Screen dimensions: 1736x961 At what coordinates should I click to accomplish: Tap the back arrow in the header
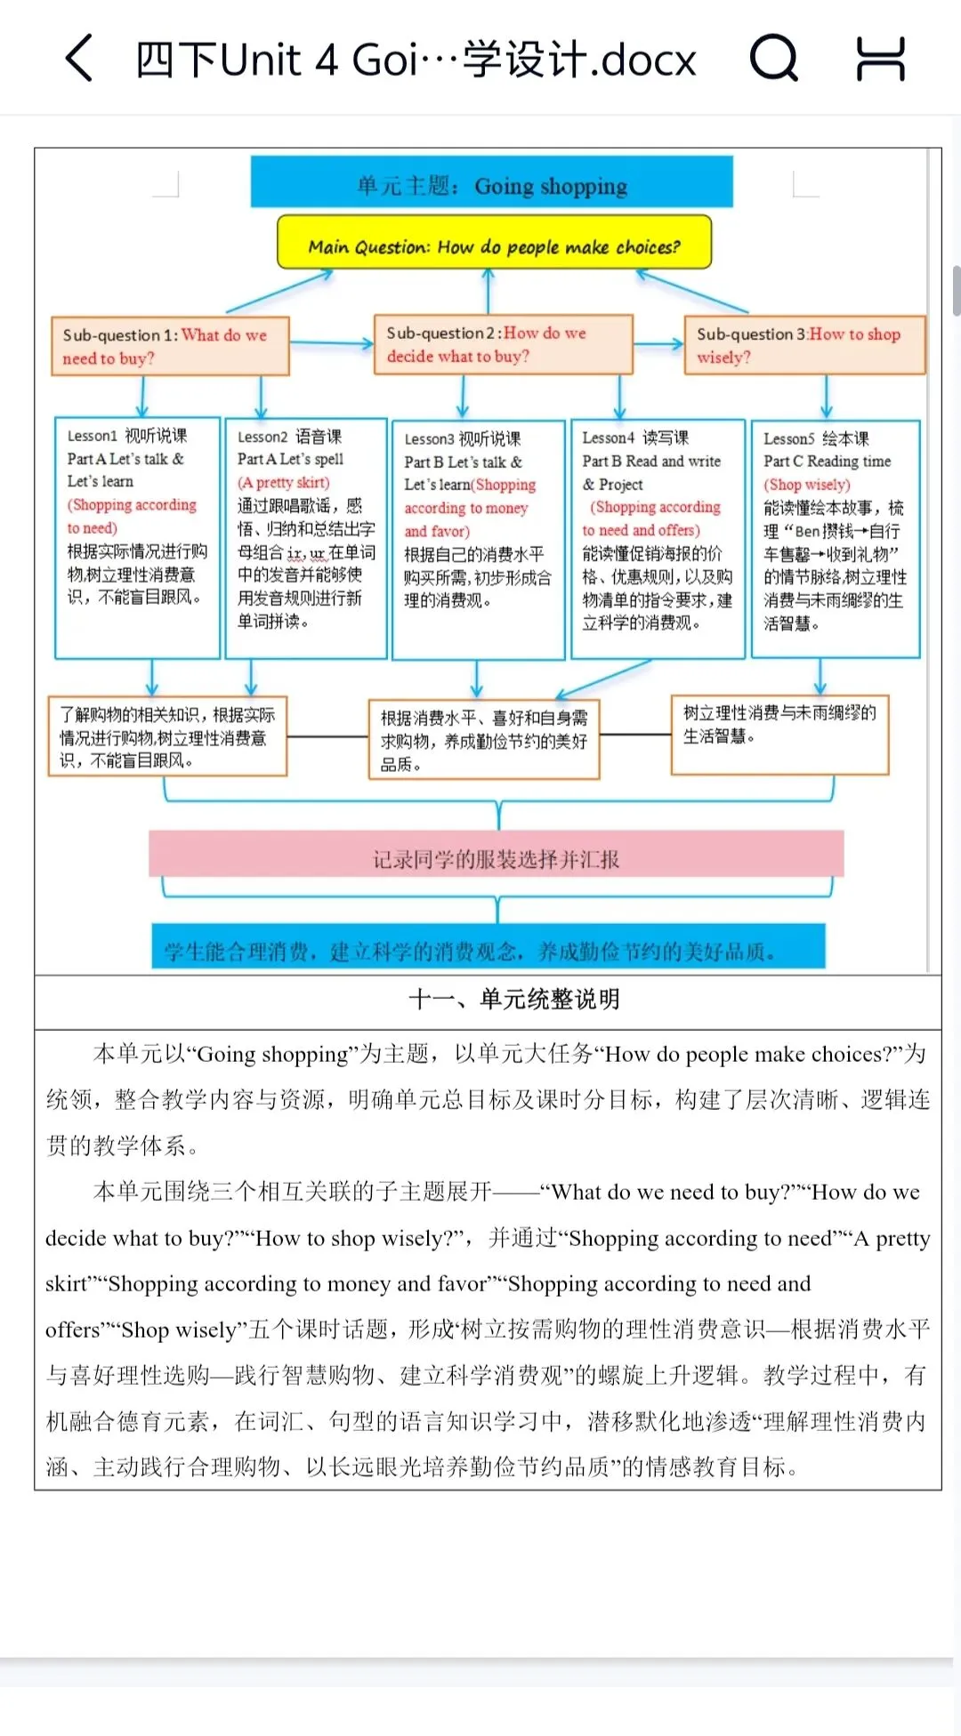click(x=79, y=59)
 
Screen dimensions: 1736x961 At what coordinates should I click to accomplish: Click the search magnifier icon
click(x=773, y=59)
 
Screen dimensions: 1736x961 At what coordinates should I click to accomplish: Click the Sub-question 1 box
click(x=170, y=346)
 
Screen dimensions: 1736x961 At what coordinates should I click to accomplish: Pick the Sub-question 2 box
click(x=503, y=344)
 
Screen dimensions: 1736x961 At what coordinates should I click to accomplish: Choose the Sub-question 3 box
click(x=804, y=345)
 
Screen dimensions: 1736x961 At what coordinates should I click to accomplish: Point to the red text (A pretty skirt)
click(x=283, y=482)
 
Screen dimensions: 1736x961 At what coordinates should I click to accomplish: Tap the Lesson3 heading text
click(x=463, y=438)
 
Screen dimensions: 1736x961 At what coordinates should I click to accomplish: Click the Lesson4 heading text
click(x=635, y=438)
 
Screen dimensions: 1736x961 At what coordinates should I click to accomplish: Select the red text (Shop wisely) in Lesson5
click(x=806, y=485)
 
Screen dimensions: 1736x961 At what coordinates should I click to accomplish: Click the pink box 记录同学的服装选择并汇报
click(x=496, y=857)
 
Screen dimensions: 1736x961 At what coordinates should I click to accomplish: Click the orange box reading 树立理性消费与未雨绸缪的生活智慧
click(x=779, y=735)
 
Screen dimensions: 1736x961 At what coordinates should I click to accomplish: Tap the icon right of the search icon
click(x=880, y=59)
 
